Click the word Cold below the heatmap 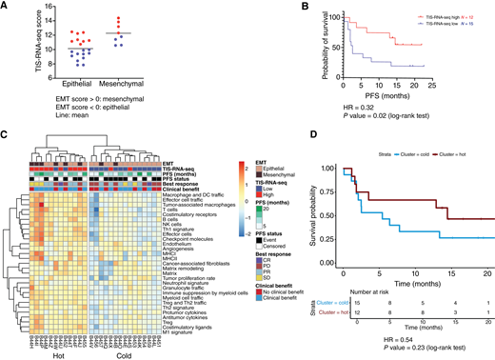click(x=134, y=353)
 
